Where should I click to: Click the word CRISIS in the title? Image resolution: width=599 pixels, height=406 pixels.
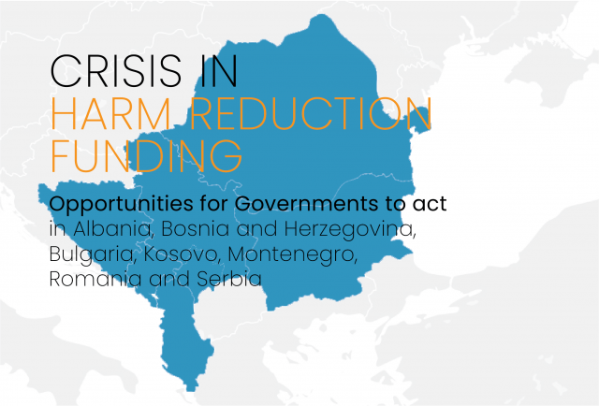tap(115, 71)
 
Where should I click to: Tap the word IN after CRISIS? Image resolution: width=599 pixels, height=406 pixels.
tap(219, 71)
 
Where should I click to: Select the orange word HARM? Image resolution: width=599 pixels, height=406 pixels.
tap(111, 114)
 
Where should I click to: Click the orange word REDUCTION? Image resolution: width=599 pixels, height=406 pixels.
tap(311, 113)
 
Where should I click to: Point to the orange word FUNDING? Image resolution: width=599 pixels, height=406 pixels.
tap(147, 156)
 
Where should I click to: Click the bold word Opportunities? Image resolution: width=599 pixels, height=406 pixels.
tap(121, 204)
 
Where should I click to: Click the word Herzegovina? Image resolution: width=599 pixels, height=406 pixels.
tap(350, 230)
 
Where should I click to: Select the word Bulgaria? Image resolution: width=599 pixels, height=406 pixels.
tap(93, 254)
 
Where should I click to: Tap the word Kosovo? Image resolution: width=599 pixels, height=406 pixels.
tap(182, 254)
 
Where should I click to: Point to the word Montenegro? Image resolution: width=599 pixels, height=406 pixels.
tap(292, 255)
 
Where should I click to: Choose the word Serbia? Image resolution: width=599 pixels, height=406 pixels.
tap(229, 279)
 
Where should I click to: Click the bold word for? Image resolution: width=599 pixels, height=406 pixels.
tap(214, 204)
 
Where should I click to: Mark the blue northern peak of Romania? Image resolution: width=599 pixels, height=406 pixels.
tap(322, 15)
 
